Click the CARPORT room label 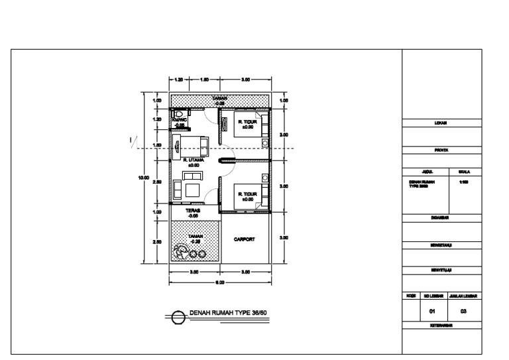click(245, 239)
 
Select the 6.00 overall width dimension click(220, 282)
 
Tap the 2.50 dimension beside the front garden click(157, 242)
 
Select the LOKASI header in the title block click(441, 123)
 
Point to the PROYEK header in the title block click(441, 150)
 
